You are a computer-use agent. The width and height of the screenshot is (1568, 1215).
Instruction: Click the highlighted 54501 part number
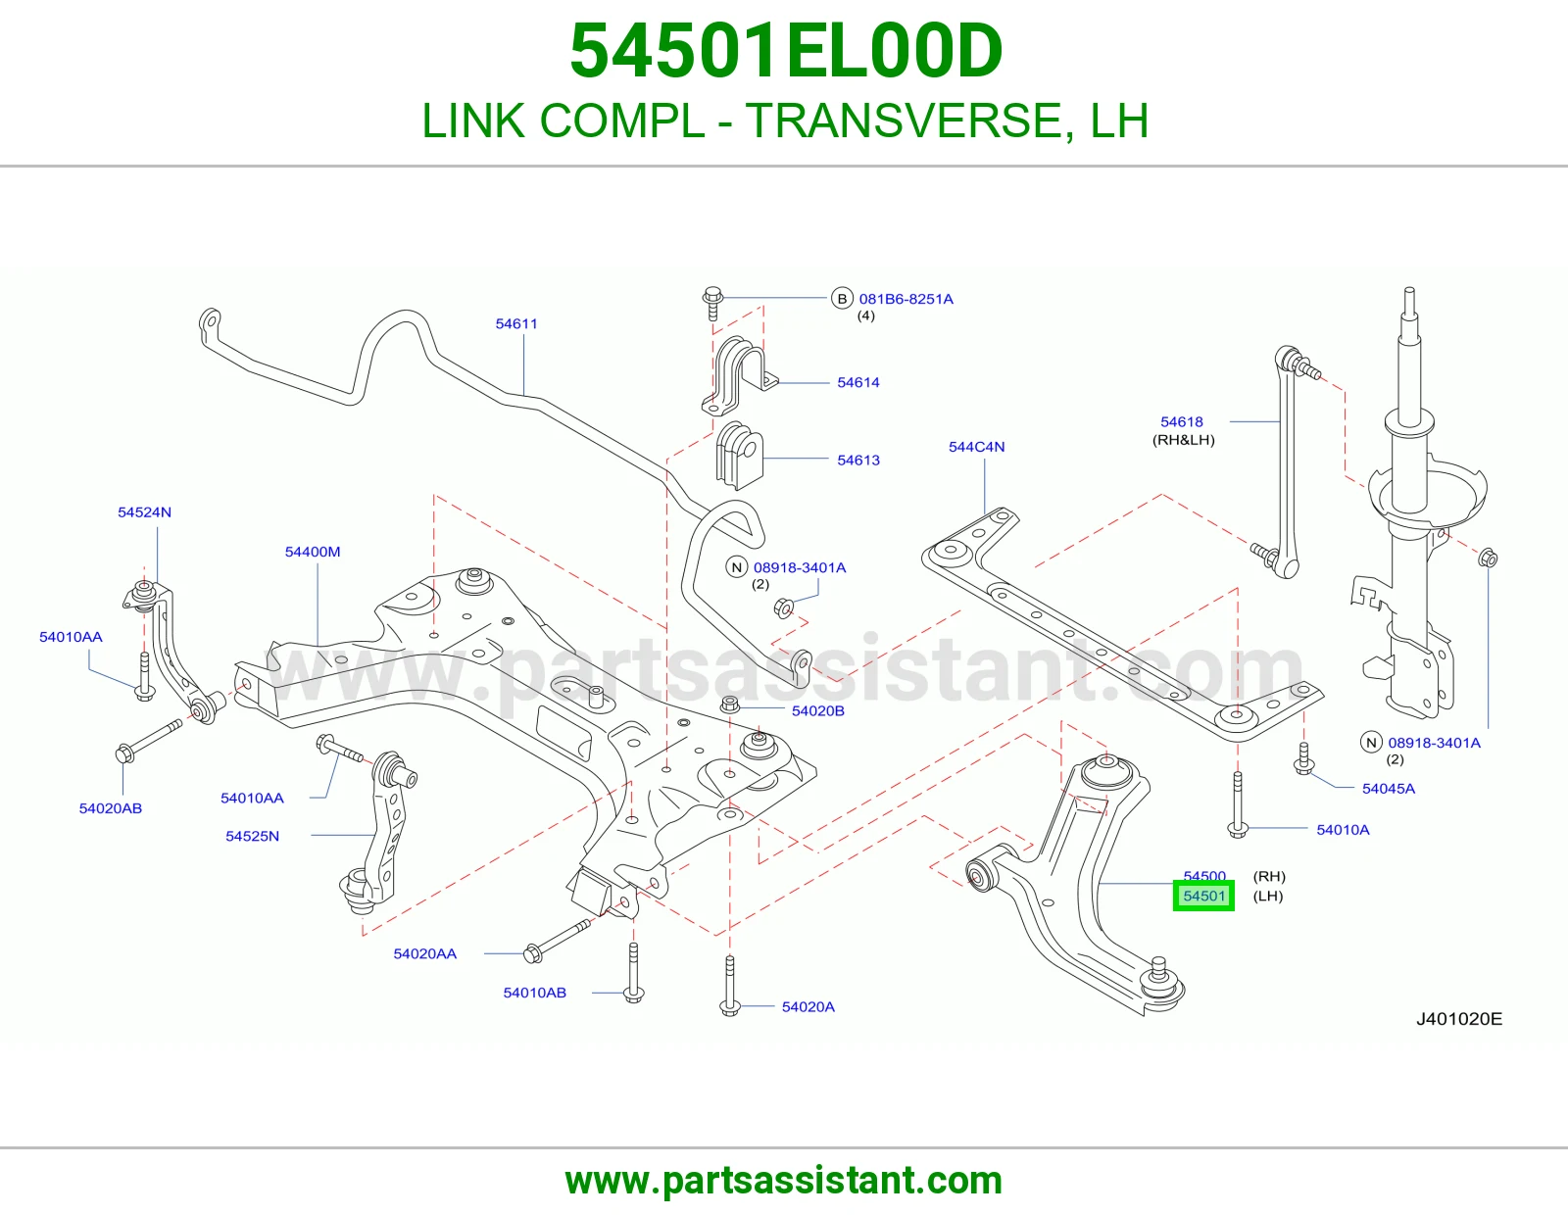[x=1203, y=897]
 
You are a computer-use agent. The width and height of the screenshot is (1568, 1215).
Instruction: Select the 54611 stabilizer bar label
[x=515, y=324]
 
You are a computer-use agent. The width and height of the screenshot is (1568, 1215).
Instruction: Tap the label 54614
[x=857, y=382]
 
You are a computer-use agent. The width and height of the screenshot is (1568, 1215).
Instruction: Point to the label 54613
[x=857, y=461]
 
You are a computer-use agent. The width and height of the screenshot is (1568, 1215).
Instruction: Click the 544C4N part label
[x=976, y=447]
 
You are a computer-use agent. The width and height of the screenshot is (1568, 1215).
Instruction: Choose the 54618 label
[x=1181, y=422]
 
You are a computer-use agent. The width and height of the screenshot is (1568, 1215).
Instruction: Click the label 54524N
[x=144, y=512]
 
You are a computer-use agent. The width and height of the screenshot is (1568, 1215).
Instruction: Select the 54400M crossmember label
[x=313, y=552]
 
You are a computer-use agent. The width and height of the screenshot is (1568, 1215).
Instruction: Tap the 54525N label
[x=252, y=836]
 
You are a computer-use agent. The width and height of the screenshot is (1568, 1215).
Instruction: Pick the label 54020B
[x=817, y=710]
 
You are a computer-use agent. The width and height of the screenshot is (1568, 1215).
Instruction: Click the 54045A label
[x=1389, y=789]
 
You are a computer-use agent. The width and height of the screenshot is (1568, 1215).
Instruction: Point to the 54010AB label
[x=535, y=993]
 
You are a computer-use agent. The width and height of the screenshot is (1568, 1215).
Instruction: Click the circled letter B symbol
[x=842, y=298]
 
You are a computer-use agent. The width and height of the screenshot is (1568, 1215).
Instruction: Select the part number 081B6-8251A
[x=906, y=299]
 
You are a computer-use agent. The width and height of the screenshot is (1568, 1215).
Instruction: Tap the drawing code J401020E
[x=1459, y=1019]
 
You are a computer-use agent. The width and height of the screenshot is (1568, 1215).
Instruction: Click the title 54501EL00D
[x=786, y=51]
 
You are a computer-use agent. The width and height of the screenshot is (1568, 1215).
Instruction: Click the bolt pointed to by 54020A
[x=729, y=986]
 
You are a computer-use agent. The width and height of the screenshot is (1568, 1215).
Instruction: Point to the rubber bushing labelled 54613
[x=739, y=456]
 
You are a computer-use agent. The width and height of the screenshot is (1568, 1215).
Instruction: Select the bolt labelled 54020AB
[x=149, y=741]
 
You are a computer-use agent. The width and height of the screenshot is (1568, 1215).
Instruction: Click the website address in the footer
[x=784, y=1181]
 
